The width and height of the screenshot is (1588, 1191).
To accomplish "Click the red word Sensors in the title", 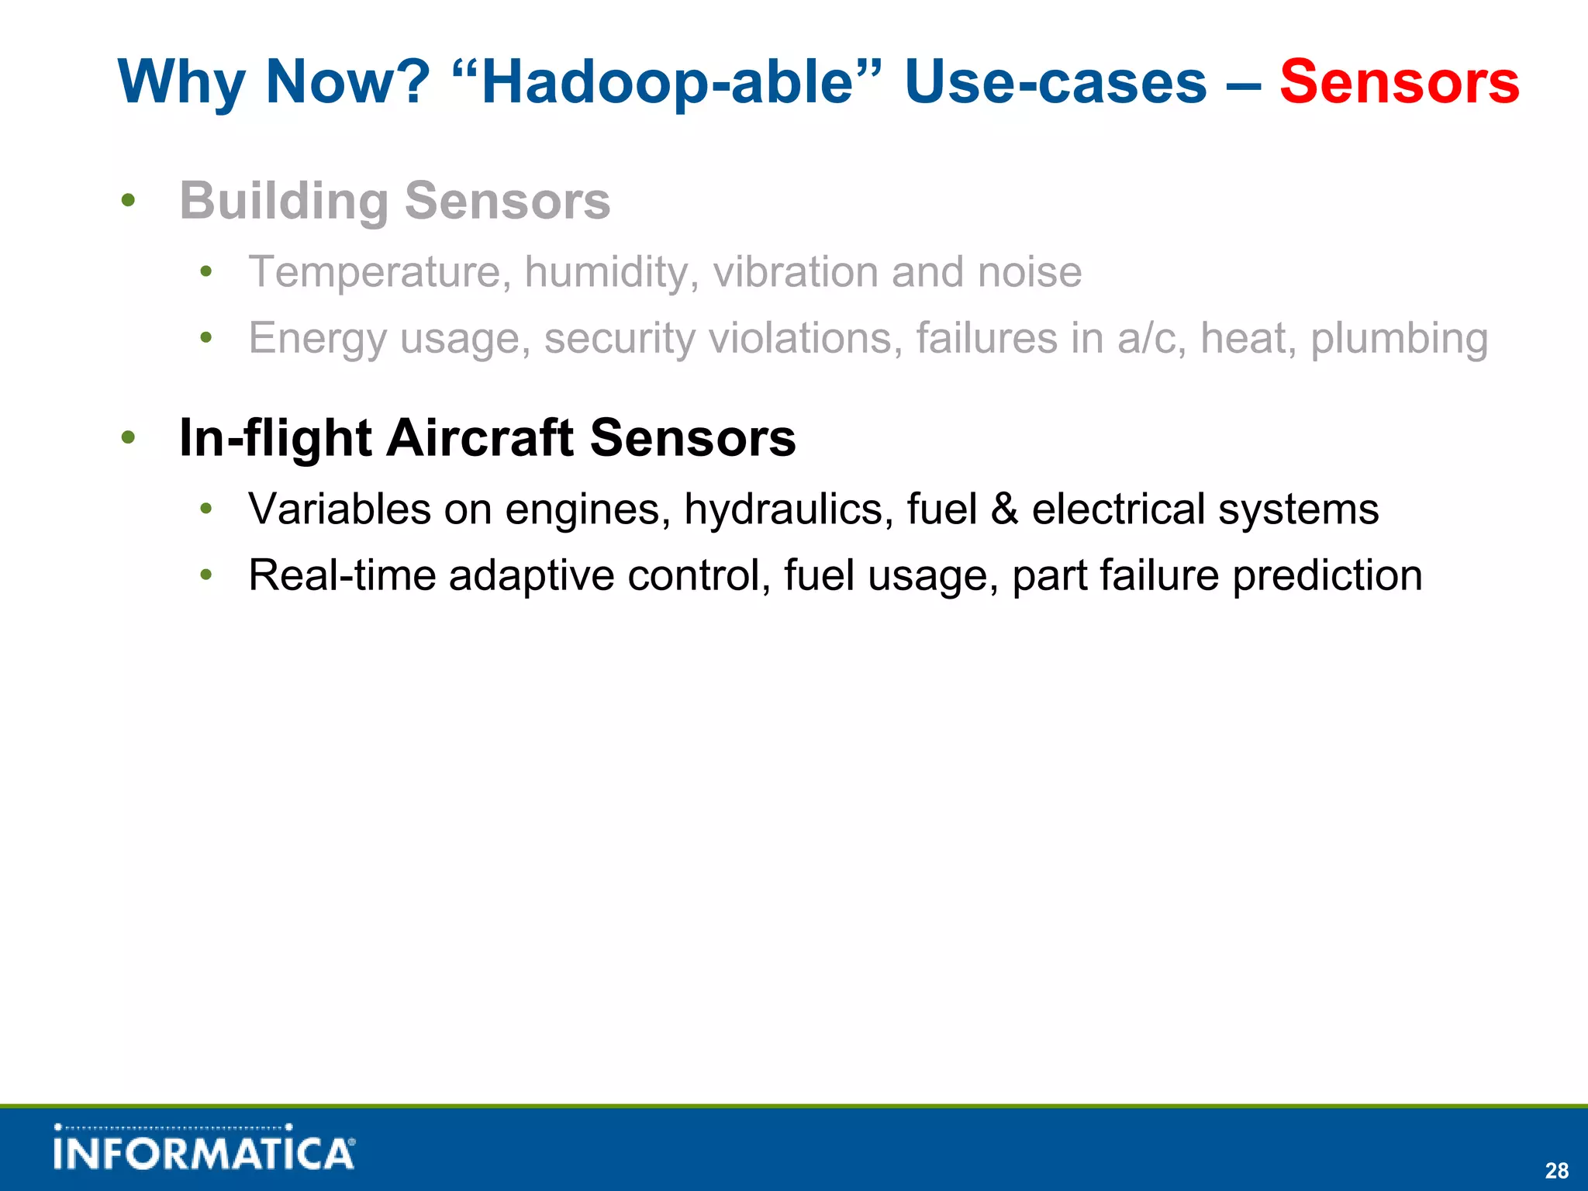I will [1399, 82].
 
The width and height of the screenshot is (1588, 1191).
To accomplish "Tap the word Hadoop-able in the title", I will [667, 82].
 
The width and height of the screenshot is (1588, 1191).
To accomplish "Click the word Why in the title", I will [182, 82].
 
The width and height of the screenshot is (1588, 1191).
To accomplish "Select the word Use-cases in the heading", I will [1056, 82].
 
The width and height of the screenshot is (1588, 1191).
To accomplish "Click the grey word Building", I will [284, 201].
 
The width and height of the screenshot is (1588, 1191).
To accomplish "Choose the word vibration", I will [796, 272].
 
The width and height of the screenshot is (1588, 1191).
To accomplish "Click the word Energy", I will [317, 339].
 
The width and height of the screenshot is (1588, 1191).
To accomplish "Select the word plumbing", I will [1399, 339].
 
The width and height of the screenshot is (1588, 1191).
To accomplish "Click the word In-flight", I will [275, 438].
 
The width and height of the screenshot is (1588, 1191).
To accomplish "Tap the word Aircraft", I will [480, 438].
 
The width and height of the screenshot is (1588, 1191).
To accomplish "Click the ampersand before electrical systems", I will [1005, 509].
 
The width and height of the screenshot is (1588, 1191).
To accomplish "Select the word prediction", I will [1327, 576].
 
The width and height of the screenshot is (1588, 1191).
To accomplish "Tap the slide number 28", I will [1556, 1170].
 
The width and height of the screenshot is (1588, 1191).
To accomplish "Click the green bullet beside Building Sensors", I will [129, 201].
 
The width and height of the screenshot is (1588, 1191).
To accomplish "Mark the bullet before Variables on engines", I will [205, 509].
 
